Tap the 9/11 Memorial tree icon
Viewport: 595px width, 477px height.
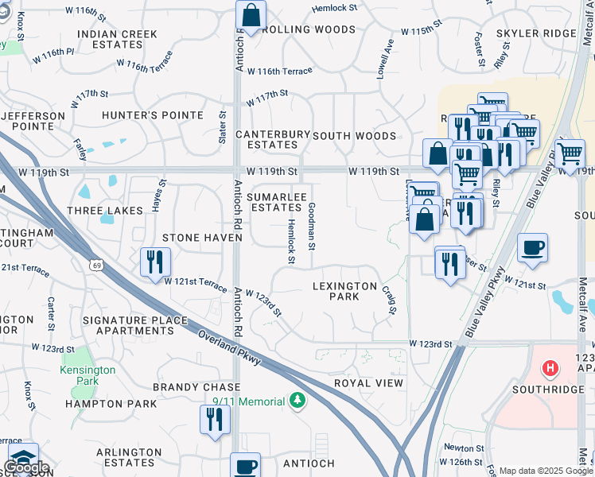pos(297,401)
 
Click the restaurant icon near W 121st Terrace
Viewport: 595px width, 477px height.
pos(154,262)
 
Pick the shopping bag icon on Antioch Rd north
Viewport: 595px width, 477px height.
pos(251,15)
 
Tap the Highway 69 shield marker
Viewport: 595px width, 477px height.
pos(96,264)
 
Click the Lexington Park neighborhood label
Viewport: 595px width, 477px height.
pos(344,291)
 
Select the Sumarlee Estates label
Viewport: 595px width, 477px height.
pos(275,202)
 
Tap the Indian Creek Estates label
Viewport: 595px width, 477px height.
pos(118,40)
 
